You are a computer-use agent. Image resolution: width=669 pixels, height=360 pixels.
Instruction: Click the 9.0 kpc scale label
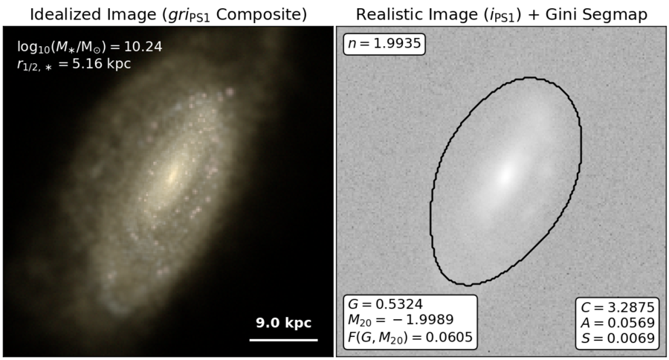pos(283,323)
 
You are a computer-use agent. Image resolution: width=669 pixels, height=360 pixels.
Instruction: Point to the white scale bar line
pos(283,340)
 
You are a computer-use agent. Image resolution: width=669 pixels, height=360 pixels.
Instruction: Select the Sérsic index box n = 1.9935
pos(384,44)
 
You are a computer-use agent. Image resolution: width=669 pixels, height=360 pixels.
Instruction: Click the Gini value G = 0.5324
pos(385,304)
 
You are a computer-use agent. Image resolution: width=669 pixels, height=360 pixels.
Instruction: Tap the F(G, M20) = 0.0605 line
pos(410,337)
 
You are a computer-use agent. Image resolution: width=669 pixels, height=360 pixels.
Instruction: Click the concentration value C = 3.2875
pos(618,307)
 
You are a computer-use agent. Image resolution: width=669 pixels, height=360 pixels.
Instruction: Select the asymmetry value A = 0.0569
pos(618,323)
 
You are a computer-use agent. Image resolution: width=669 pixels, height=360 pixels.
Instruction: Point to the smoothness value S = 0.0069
pos(618,338)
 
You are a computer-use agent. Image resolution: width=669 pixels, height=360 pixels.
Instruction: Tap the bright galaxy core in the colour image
pos(172,175)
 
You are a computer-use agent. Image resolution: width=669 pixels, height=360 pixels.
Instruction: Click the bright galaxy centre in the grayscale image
pos(506,175)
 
